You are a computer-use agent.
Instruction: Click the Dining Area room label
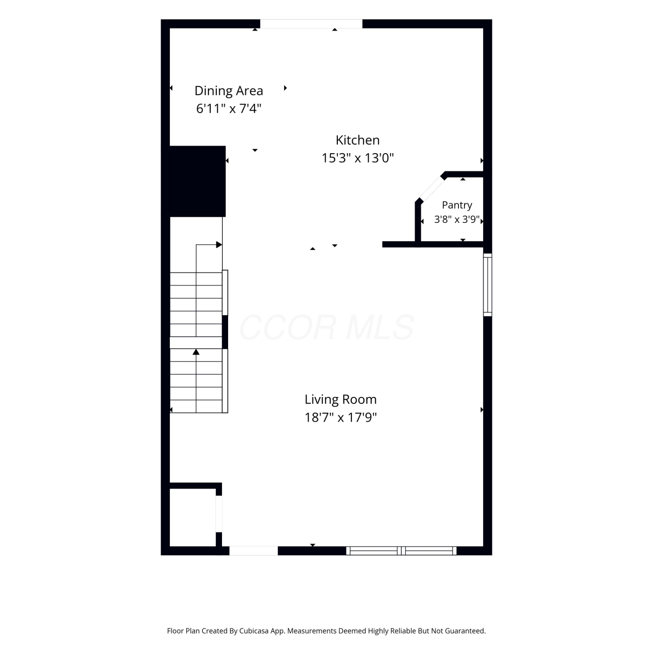[229, 91]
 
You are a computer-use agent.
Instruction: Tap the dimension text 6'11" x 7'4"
[229, 108]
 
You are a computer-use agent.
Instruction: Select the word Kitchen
[357, 140]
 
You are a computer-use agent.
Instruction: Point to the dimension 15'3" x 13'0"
[357, 158]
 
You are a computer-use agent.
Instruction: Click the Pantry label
[457, 205]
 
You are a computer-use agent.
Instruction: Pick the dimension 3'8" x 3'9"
[457, 219]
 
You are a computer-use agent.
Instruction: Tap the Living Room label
[340, 399]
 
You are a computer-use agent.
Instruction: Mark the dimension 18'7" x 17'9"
[340, 417]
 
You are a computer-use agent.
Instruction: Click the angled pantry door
[431, 188]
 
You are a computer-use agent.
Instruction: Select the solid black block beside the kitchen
[197, 181]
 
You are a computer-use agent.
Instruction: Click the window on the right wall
[488, 285]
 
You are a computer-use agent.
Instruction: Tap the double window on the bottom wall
[401, 551]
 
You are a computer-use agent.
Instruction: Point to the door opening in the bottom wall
[253, 551]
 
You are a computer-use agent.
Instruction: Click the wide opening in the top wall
[311, 24]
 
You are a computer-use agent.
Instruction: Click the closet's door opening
[219, 514]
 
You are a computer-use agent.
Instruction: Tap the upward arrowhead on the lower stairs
[196, 352]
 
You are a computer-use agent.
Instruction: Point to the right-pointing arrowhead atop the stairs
[219, 245]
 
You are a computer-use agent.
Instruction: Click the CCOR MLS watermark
[326, 327]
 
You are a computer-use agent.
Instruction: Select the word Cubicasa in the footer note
[254, 631]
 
